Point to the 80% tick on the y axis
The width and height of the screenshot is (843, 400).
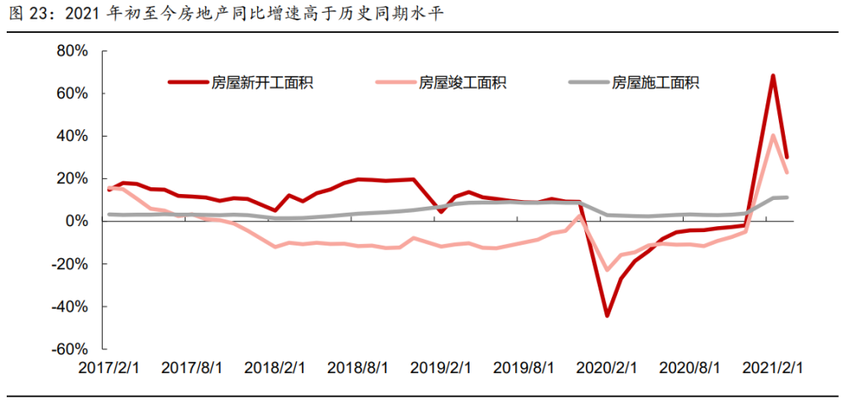[x=72, y=51]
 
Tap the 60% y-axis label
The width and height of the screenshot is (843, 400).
[x=72, y=93]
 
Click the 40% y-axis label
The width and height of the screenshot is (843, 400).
[x=72, y=136]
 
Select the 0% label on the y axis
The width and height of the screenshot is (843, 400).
[x=76, y=221]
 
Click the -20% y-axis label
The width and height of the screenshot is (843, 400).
[x=69, y=263]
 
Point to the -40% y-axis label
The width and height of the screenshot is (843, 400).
[x=69, y=306]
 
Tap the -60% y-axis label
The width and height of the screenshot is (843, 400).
[x=69, y=349]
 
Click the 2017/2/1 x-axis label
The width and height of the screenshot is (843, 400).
[x=109, y=369]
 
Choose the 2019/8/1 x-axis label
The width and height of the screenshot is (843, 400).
[x=524, y=369]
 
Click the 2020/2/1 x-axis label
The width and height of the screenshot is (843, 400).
[x=606, y=369]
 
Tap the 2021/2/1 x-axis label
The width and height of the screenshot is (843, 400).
[x=772, y=369]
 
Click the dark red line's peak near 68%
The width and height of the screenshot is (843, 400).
[x=773, y=76]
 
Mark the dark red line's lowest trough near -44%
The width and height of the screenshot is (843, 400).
[x=607, y=316]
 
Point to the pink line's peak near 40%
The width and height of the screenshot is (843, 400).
[x=773, y=135]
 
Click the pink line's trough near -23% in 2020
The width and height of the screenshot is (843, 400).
[x=607, y=270]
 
